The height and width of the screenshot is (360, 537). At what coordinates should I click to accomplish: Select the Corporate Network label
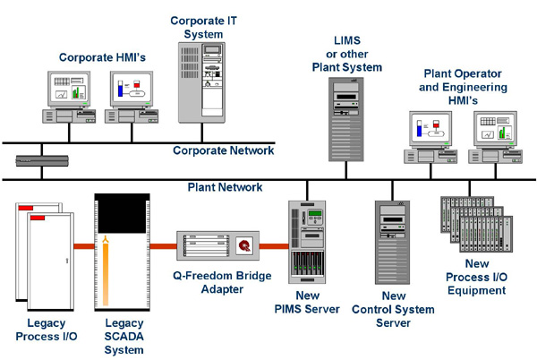223,150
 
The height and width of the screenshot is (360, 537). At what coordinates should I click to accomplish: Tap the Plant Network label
225,187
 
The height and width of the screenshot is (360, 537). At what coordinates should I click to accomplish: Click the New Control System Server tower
391,250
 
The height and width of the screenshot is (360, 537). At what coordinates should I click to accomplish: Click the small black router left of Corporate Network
41,162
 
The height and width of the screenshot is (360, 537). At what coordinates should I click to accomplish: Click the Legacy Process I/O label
40,330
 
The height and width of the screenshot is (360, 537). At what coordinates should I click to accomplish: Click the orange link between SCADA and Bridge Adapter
163,245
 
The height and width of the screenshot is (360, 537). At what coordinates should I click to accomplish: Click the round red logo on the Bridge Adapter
243,246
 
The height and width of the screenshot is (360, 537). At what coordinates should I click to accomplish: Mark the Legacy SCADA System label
124,336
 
